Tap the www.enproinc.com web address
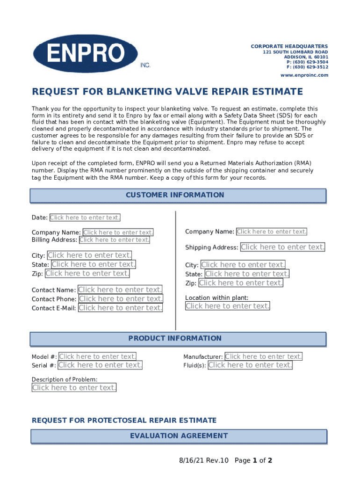click(x=304, y=75)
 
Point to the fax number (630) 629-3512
click(x=307, y=67)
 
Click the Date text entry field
click(x=85, y=218)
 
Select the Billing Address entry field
click(x=115, y=240)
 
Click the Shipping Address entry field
click(x=282, y=247)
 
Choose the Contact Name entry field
click(x=120, y=290)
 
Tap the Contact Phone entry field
click(x=121, y=299)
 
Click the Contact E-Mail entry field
click(x=121, y=308)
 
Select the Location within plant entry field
click(x=228, y=306)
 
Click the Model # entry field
click(x=98, y=356)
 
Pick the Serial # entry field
click(x=100, y=365)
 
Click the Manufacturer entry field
click(x=264, y=356)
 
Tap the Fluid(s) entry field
click(x=250, y=365)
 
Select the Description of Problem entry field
click(x=74, y=388)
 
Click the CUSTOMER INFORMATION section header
click(x=178, y=195)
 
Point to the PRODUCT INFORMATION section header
click(x=178, y=339)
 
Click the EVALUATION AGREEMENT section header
click(x=178, y=436)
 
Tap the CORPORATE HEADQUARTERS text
click(x=289, y=46)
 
